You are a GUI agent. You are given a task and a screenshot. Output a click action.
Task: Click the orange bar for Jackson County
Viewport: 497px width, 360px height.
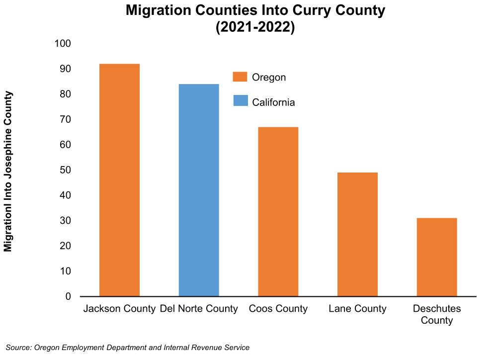(119, 180)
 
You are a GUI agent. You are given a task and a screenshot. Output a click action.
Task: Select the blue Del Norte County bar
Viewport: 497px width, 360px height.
(199, 190)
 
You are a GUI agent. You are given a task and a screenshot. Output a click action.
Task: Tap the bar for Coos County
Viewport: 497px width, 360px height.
(278, 212)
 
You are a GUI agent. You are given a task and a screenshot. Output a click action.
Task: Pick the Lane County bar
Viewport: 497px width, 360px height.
(357, 234)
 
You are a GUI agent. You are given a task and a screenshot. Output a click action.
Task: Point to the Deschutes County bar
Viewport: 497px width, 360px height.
(437, 257)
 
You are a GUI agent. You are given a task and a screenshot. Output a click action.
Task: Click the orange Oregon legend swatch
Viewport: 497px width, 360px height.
(240, 77)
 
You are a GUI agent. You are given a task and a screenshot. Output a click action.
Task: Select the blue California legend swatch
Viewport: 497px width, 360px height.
(240, 101)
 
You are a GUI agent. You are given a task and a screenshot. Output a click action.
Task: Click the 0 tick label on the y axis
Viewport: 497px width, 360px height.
(68, 297)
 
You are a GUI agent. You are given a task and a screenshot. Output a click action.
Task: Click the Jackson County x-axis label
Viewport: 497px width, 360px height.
(119, 309)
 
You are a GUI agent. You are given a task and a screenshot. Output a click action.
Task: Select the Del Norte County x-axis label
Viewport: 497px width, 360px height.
(199, 309)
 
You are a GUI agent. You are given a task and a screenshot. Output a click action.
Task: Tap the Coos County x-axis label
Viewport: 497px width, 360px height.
(278, 309)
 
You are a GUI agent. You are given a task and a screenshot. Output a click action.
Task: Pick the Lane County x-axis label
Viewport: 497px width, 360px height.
(357, 309)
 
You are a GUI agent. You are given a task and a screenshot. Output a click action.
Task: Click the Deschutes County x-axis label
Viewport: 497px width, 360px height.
(437, 314)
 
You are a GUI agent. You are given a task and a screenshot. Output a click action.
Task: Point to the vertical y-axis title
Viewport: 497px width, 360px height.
(8, 171)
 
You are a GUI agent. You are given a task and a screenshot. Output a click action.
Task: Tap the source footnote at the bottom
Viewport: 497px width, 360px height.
(128, 348)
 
